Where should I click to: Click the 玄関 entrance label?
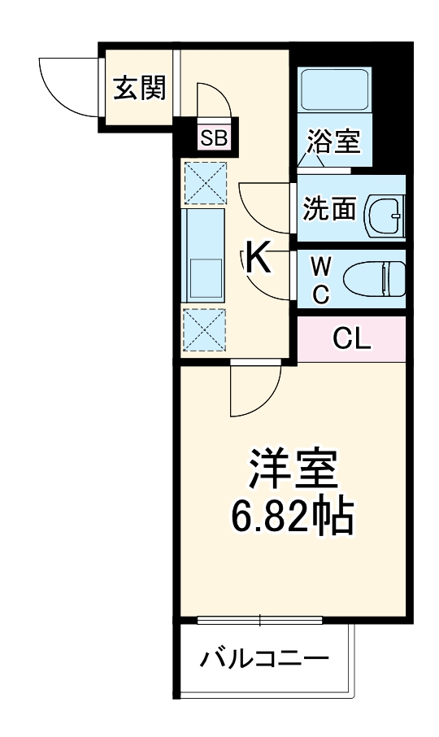click(x=139, y=87)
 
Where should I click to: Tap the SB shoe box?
click(x=215, y=137)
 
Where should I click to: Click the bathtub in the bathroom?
click(x=334, y=90)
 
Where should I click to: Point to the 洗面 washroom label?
click(x=329, y=208)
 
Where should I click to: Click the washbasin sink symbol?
click(x=383, y=212)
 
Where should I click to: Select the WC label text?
click(x=321, y=279)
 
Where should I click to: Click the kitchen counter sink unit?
click(x=203, y=255)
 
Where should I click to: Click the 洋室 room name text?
click(x=293, y=470)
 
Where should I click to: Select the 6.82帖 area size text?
click(x=293, y=515)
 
